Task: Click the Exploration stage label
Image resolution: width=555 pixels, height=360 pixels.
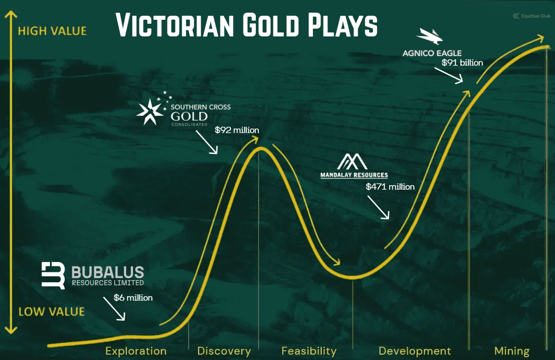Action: pos(136,351)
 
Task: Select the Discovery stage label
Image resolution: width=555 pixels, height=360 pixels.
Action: pos(224,351)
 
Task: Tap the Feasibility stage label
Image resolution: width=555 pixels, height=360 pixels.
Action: pos(309,351)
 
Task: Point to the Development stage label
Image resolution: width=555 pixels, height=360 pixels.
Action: pos(415,351)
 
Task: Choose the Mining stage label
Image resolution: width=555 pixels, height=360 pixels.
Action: pos(512,351)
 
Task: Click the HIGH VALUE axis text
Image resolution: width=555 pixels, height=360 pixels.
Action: pos(52,31)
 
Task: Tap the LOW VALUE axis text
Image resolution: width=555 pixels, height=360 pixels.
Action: pos(52,311)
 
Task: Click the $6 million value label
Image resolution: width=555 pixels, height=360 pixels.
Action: pos(133,298)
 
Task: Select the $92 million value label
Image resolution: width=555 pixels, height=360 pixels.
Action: pos(237,130)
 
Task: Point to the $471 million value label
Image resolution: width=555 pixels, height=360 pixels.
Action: pos(390,187)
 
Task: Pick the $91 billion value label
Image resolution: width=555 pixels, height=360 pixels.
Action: pos(462,62)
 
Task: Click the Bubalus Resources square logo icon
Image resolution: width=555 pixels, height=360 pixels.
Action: pos(53,276)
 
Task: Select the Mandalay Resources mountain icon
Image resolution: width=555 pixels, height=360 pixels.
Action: pos(352,161)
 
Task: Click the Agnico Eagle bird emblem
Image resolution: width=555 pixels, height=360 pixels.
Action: pos(430,36)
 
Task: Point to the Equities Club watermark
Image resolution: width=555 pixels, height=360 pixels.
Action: pos(532,16)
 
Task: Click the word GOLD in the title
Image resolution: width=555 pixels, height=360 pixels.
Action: pos(271,26)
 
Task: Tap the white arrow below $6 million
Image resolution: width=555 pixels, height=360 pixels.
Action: pos(114,309)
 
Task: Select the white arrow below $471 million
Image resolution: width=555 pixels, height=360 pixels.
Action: pos(378,208)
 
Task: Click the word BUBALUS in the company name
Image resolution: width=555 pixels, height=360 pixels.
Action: pos(108,272)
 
